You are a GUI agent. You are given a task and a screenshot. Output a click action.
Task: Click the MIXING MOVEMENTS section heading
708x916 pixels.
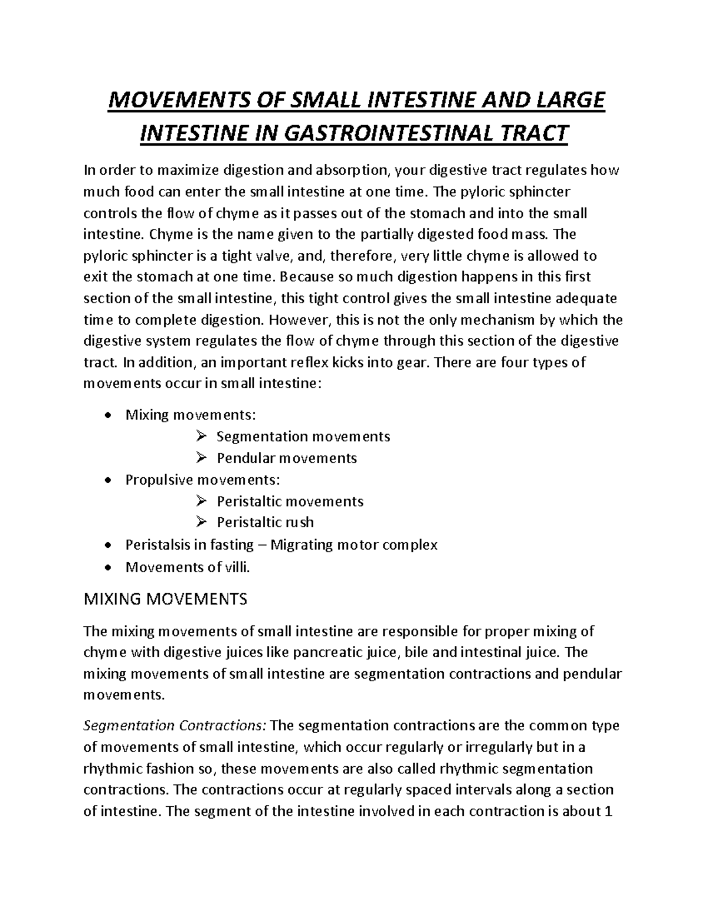166,599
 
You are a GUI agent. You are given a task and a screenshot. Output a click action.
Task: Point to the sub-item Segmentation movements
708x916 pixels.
303,436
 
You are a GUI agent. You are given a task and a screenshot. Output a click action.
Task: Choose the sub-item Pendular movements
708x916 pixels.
287,458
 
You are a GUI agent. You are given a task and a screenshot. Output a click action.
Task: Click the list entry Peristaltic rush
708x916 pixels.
265,522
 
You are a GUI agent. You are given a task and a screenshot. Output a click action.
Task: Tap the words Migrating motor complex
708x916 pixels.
354,544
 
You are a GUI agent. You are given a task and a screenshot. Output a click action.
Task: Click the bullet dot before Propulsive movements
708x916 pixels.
106,480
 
